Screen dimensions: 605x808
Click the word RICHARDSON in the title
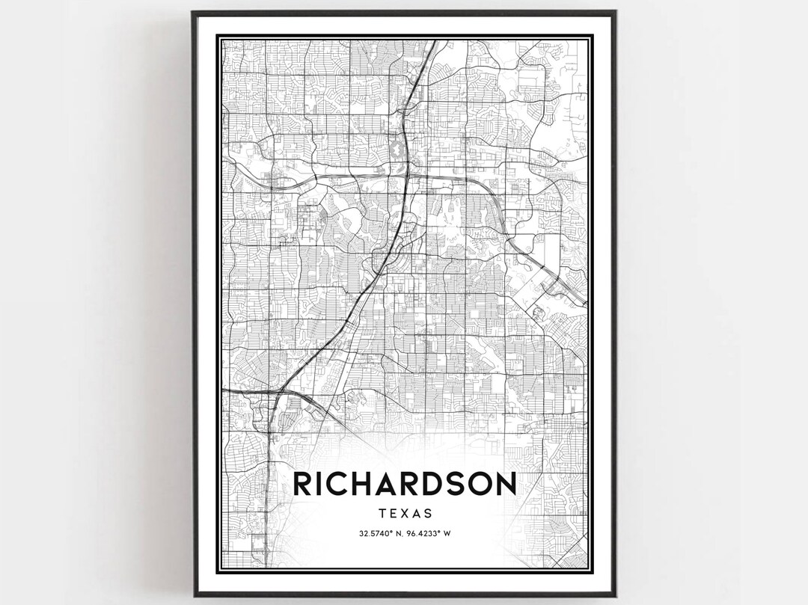click(x=405, y=483)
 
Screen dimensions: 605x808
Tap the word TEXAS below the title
click(x=405, y=514)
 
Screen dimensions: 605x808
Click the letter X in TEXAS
click(x=405, y=514)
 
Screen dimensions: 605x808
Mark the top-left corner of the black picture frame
click(x=192, y=12)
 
